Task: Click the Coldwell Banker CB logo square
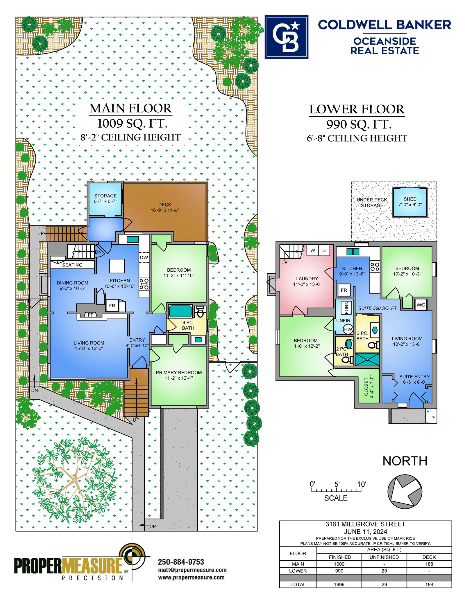tap(286, 37)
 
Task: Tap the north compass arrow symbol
tap(405, 491)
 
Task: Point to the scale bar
tap(336, 490)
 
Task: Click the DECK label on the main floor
tap(165, 205)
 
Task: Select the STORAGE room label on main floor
tap(105, 196)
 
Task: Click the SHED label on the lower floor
tap(410, 199)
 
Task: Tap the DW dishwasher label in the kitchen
tap(144, 257)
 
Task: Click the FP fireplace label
tap(91, 315)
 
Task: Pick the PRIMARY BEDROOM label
tap(179, 372)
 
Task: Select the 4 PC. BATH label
tap(188, 325)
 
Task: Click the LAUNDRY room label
tap(307, 279)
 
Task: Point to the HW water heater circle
tap(348, 329)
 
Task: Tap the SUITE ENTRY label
tap(414, 377)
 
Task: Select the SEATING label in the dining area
tap(72, 265)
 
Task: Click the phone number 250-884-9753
tap(181, 562)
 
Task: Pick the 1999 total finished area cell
tap(339, 584)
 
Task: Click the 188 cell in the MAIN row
tap(429, 564)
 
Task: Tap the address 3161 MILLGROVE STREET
tap(365, 524)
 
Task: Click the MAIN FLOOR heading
tap(131, 108)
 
